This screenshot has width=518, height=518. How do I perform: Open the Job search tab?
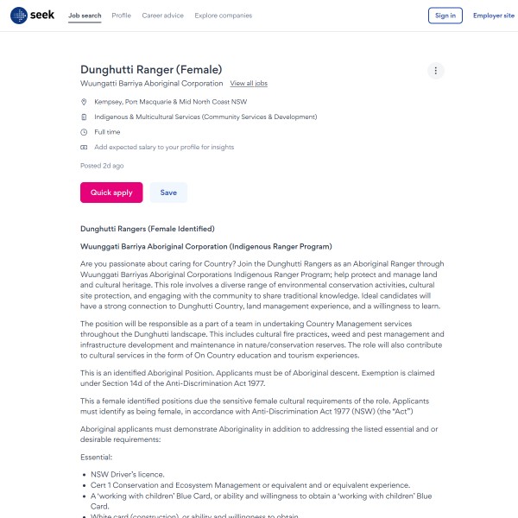(85, 16)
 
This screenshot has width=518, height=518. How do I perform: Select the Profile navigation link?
(122, 16)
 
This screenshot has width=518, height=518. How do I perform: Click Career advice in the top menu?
(162, 16)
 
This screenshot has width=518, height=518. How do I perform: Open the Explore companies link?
(224, 16)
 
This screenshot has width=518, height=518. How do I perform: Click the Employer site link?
(493, 16)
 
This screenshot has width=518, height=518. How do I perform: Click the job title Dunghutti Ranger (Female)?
(151, 69)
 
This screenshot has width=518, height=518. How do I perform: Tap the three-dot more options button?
(436, 71)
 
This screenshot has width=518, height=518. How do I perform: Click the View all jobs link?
(249, 84)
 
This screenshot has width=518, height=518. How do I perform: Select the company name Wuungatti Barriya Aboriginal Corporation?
(151, 84)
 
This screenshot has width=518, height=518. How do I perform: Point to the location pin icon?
(84, 102)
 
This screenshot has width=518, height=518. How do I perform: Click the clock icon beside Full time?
(84, 132)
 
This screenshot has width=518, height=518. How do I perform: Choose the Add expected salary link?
(164, 148)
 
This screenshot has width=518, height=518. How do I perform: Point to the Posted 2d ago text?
(102, 165)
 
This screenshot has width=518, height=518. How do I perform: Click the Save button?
(168, 193)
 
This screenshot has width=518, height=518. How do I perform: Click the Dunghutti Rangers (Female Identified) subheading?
(147, 229)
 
